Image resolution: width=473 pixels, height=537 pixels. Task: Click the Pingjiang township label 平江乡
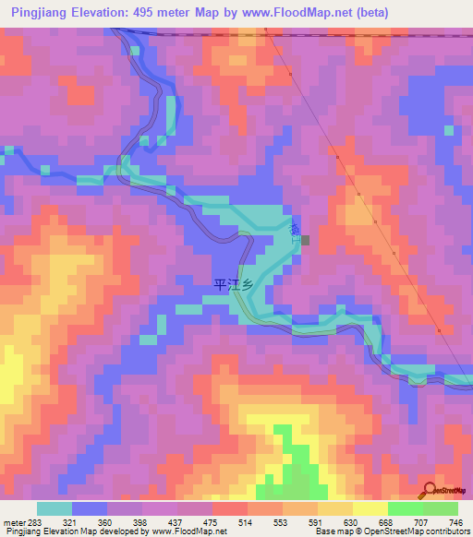click(233, 285)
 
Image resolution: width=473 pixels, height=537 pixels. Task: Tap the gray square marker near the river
click(305, 241)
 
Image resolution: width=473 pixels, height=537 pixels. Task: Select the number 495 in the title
click(153, 12)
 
